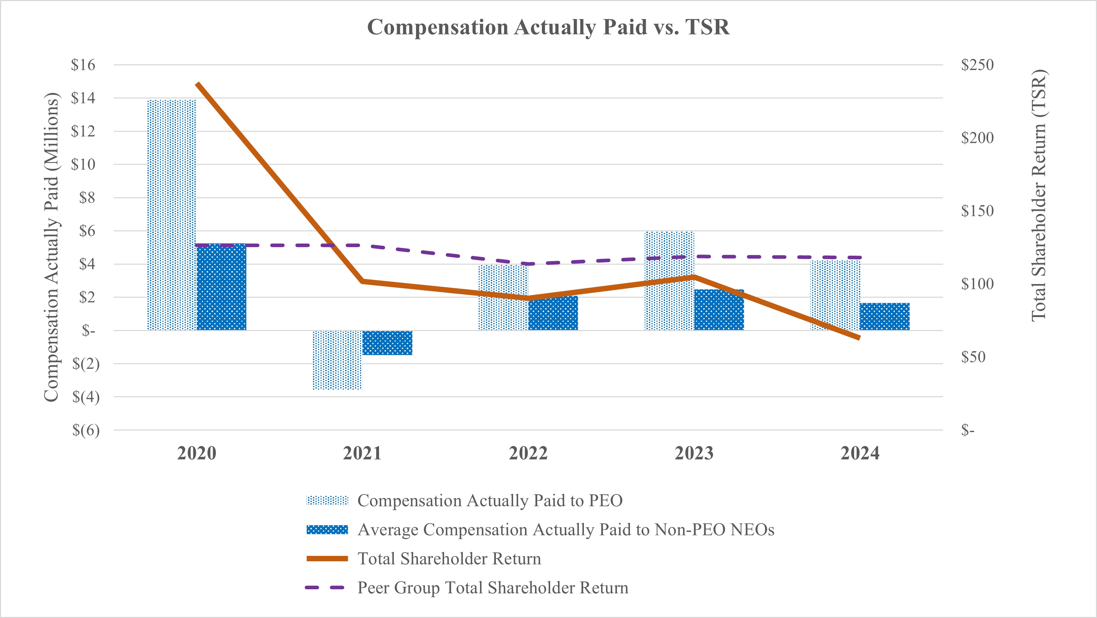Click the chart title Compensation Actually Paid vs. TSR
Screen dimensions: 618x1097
pyautogui.click(x=548, y=27)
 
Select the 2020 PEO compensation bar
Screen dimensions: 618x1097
pyautogui.click(x=172, y=215)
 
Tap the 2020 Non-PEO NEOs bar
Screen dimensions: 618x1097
pyautogui.click(x=221, y=287)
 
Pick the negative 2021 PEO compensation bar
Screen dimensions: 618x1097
pyautogui.click(x=337, y=360)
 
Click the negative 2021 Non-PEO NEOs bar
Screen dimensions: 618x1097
pyautogui.click(x=387, y=343)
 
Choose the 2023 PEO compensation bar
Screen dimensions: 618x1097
pyautogui.click(x=669, y=281)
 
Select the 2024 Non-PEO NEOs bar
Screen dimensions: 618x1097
pyautogui.click(x=885, y=317)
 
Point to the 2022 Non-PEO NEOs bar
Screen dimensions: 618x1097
pyautogui.click(x=553, y=313)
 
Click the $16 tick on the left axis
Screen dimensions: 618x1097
pyautogui.click(x=83, y=65)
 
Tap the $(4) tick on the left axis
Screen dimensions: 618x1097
pyautogui.click(x=86, y=397)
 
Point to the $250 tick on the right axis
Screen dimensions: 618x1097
pyautogui.click(x=977, y=65)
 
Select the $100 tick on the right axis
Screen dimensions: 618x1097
pyautogui.click(x=977, y=284)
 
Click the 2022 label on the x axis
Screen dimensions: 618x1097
pyautogui.click(x=528, y=453)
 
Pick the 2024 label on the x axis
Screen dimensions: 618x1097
pyautogui.click(x=860, y=453)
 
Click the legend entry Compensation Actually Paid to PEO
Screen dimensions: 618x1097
pyautogui.click(x=490, y=501)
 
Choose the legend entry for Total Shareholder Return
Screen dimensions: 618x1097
pyautogui.click(x=449, y=559)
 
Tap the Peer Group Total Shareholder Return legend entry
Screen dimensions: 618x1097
pyautogui.click(x=493, y=588)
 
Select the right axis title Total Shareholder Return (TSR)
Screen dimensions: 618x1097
pyautogui.click(x=1039, y=195)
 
